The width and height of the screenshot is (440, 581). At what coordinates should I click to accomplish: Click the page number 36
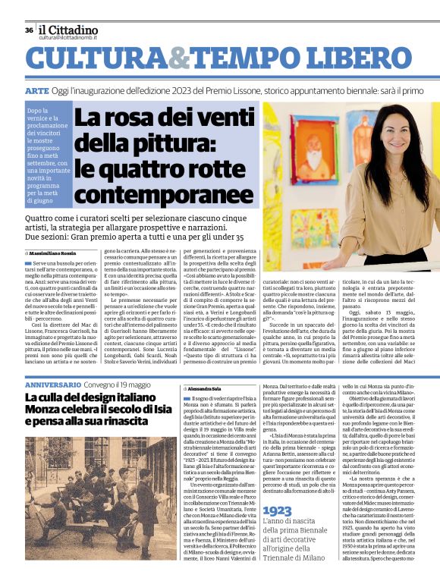pyautogui.click(x=29, y=30)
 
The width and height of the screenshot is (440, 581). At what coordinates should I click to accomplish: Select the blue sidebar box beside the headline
pyautogui.click(x=47, y=155)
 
